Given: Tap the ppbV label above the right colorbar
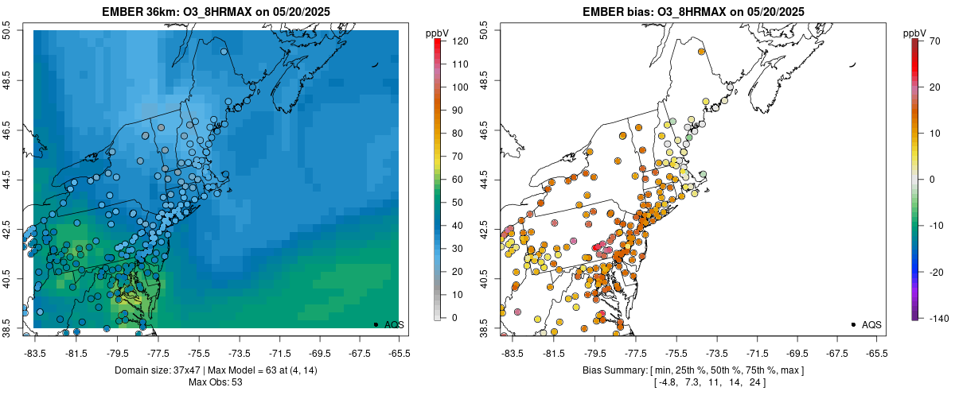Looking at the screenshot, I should tap(915, 33).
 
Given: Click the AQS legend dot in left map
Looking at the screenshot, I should tap(376, 324).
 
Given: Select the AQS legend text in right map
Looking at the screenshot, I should tap(872, 324).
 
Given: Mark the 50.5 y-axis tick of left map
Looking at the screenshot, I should tap(7, 30).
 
